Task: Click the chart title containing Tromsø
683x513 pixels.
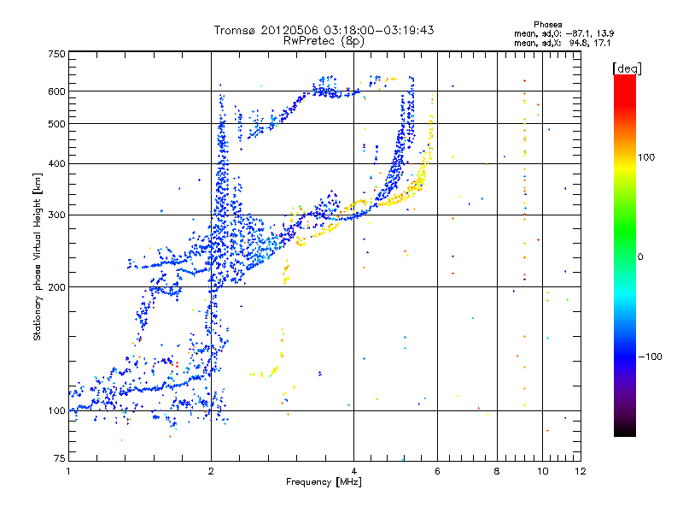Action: (x=324, y=30)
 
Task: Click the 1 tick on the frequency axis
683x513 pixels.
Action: (x=68, y=472)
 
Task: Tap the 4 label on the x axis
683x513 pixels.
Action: (x=354, y=472)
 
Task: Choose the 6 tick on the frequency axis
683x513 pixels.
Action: (x=437, y=472)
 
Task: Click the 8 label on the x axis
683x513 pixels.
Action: (x=497, y=472)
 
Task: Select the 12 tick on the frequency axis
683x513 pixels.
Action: (x=581, y=472)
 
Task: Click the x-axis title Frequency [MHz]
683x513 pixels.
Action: (x=324, y=483)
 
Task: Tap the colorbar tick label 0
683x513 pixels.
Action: (x=640, y=256)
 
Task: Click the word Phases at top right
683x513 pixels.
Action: (x=547, y=24)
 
